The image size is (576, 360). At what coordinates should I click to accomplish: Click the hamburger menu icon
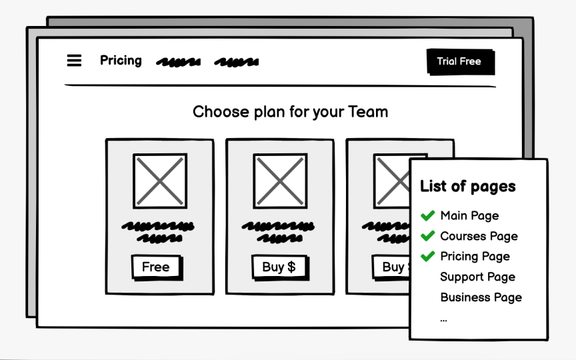click(x=74, y=61)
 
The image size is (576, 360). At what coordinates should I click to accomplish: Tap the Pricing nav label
click(x=121, y=61)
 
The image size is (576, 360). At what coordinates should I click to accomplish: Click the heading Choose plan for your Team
click(x=290, y=111)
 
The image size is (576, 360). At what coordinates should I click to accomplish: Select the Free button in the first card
click(x=156, y=267)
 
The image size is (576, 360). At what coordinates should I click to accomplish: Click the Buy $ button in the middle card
click(x=279, y=267)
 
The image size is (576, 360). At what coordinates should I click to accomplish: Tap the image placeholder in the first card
click(x=160, y=181)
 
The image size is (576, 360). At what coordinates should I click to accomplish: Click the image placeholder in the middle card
click(x=280, y=181)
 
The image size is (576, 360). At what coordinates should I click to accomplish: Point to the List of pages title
click(x=468, y=186)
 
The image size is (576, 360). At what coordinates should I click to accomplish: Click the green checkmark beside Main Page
click(x=428, y=215)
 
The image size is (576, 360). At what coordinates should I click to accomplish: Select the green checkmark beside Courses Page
click(x=428, y=236)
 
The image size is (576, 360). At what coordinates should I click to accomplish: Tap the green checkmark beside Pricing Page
click(x=428, y=256)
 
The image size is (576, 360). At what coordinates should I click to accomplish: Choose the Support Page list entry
click(x=477, y=277)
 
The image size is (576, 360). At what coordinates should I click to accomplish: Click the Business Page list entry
click(x=481, y=297)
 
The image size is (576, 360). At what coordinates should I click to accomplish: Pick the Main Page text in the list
click(x=469, y=215)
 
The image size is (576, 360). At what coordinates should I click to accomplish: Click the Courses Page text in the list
click(x=479, y=236)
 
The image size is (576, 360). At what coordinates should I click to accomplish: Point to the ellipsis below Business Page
click(x=444, y=319)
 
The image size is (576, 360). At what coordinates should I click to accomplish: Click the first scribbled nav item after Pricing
click(x=178, y=62)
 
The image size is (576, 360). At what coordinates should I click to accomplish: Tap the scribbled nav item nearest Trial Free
click(x=236, y=62)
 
